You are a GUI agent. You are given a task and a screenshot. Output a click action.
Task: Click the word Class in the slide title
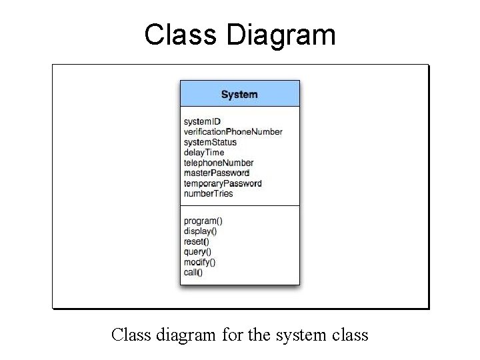point(181,35)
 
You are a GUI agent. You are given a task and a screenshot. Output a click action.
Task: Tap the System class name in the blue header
point(239,94)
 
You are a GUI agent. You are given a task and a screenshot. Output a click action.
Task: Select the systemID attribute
point(202,121)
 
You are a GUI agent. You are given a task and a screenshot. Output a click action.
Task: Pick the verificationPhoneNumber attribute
point(233,132)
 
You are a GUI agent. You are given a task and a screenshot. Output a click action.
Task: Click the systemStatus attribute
point(210,142)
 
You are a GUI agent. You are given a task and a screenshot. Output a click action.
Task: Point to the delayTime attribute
point(204,152)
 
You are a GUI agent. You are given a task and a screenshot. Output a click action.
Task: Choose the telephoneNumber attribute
point(219,163)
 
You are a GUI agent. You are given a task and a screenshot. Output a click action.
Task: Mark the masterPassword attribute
point(216,173)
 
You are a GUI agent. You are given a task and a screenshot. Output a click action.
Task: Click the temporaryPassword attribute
point(223,183)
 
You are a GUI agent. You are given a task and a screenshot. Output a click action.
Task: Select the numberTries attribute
point(208,193)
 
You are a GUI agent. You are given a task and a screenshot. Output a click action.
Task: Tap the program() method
point(203,221)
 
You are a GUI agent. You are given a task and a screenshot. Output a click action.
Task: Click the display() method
point(200,231)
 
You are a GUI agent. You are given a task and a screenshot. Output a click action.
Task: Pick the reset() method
point(196,241)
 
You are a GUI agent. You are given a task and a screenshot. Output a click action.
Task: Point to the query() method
point(197,252)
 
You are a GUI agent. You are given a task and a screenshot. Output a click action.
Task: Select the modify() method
point(199,262)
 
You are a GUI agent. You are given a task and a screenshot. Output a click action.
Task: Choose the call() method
point(193,272)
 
